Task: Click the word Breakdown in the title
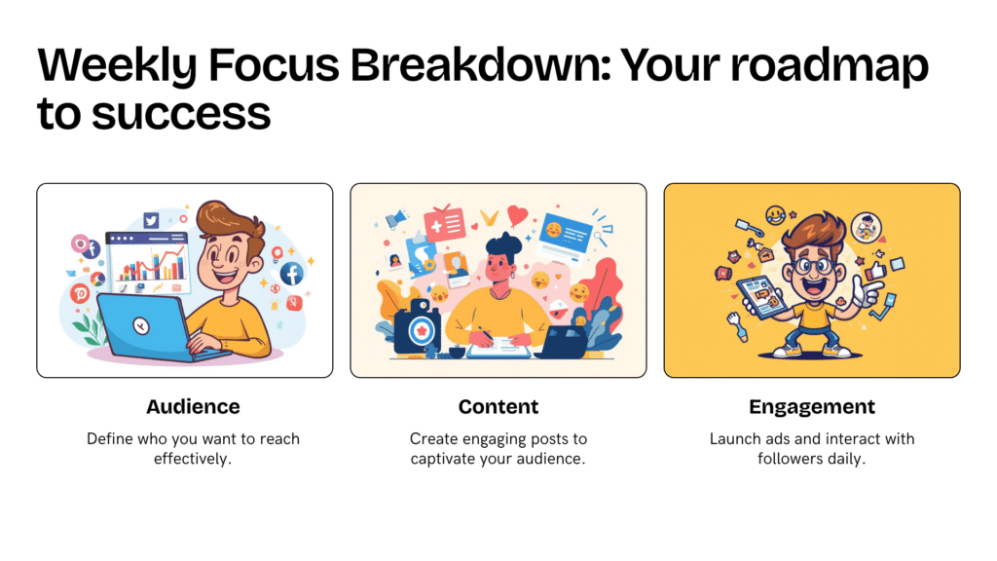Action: point(480,65)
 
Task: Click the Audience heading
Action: point(194,406)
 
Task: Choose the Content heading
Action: point(498,406)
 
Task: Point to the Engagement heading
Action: point(812,407)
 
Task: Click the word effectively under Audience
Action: point(193,459)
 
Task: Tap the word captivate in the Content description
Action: point(441,460)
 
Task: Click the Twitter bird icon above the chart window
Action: point(151,220)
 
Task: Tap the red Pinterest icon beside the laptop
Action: point(80,293)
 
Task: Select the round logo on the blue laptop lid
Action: point(141,325)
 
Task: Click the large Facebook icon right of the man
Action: point(292,274)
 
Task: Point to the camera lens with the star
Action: point(421,330)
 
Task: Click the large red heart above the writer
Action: point(517,216)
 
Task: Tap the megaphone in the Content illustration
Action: point(395,219)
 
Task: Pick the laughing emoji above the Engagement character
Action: point(775,215)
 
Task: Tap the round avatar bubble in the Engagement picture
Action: point(866,227)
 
